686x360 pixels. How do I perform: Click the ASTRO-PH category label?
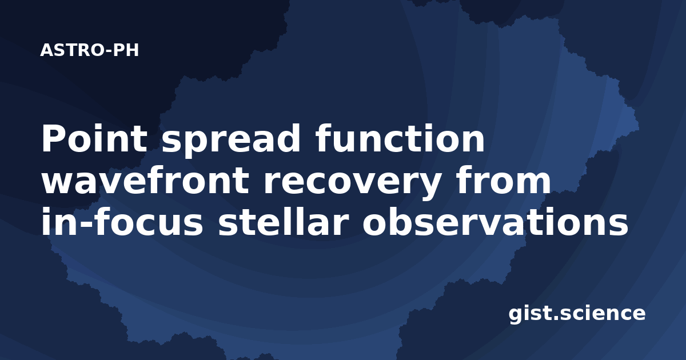(x=89, y=50)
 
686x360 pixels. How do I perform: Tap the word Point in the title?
(x=94, y=138)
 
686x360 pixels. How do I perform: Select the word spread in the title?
(x=231, y=141)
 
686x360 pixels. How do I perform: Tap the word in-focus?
(x=122, y=221)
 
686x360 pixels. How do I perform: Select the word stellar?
(x=284, y=221)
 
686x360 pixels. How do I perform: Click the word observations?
(x=496, y=221)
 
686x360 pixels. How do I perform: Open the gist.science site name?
(x=577, y=314)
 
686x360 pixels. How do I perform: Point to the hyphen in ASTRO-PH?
(x=108, y=51)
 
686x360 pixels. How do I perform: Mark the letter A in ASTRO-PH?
(x=46, y=50)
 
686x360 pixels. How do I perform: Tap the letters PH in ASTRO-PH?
(x=126, y=50)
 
